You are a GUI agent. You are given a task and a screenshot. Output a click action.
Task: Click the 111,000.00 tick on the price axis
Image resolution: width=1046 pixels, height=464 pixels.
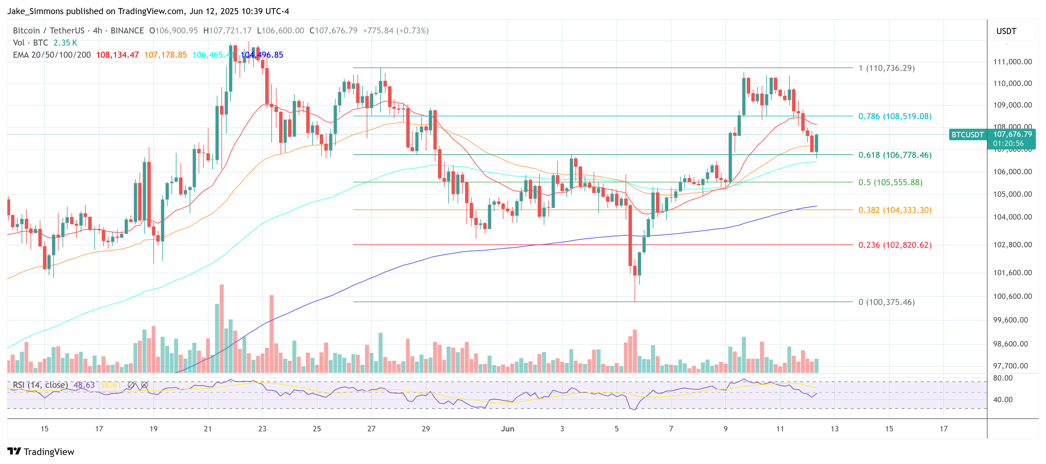tap(1012, 62)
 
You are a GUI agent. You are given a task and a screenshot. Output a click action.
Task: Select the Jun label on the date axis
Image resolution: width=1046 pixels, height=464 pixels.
tap(507, 429)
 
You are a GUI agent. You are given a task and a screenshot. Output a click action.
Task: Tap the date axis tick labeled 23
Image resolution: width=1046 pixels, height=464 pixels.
tap(262, 429)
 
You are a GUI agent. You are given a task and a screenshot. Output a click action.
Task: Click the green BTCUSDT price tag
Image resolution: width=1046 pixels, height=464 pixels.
tap(967, 134)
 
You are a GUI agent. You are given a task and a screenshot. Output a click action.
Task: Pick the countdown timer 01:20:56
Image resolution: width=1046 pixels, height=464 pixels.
tap(1008, 143)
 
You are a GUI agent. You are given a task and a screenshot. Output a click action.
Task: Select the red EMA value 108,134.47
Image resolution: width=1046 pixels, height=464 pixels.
tap(117, 55)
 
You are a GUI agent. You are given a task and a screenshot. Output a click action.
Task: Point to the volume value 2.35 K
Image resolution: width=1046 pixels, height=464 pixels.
tap(65, 43)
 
